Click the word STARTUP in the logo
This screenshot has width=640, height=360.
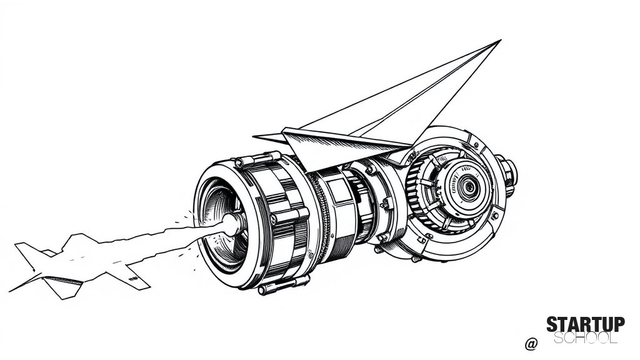(585, 324)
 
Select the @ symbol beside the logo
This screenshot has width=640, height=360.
(531, 344)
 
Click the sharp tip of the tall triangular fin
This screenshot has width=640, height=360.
(501, 40)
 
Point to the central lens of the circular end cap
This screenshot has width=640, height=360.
(467, 187)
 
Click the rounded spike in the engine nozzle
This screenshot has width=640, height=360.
(231, 224)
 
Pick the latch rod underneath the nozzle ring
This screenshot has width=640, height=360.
(284, 284)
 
